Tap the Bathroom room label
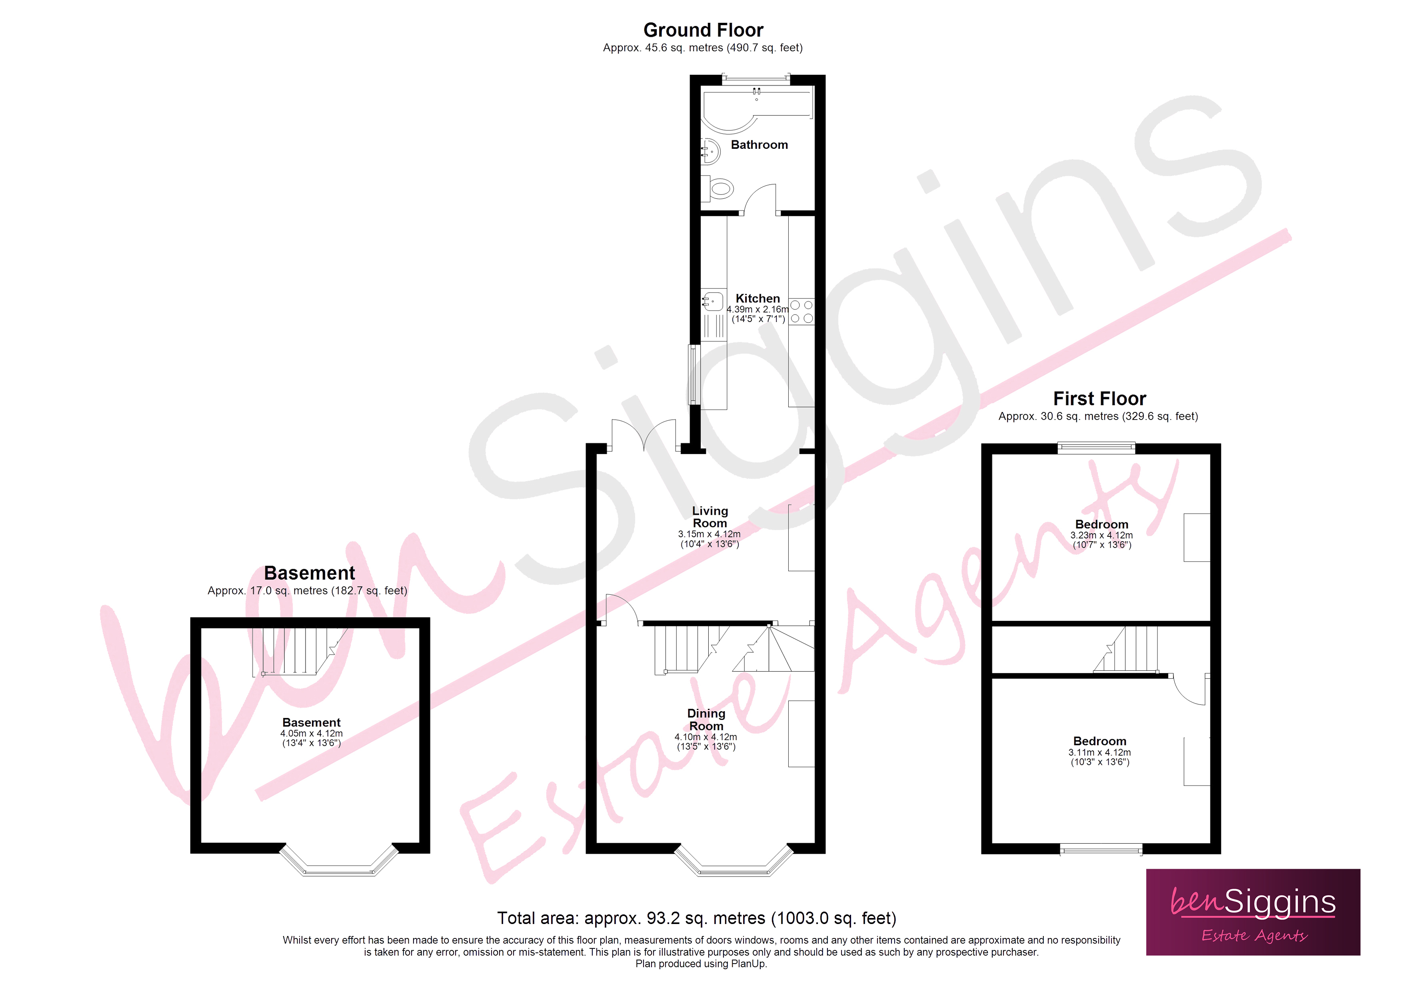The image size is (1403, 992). (x=759, y=145)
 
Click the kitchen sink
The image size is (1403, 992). (x=713, y=301)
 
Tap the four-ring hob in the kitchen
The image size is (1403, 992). (x=801, y=311)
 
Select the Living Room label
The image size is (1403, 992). (x=709, y=516)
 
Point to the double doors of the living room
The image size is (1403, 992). (x=644, y=436)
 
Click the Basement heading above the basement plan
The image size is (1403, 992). (x=309, y=573)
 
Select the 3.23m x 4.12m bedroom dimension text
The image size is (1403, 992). (x=1101, y=536)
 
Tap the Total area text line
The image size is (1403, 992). (x=696, y=918)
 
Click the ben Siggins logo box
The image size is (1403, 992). (x=1253, y=912)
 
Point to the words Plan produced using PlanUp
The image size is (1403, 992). (x=701, y=964)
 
